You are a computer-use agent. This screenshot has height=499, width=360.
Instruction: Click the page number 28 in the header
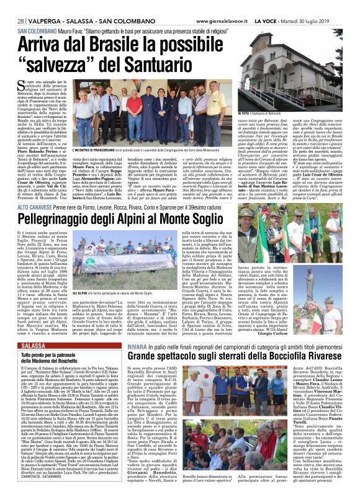tap(20, 21)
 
